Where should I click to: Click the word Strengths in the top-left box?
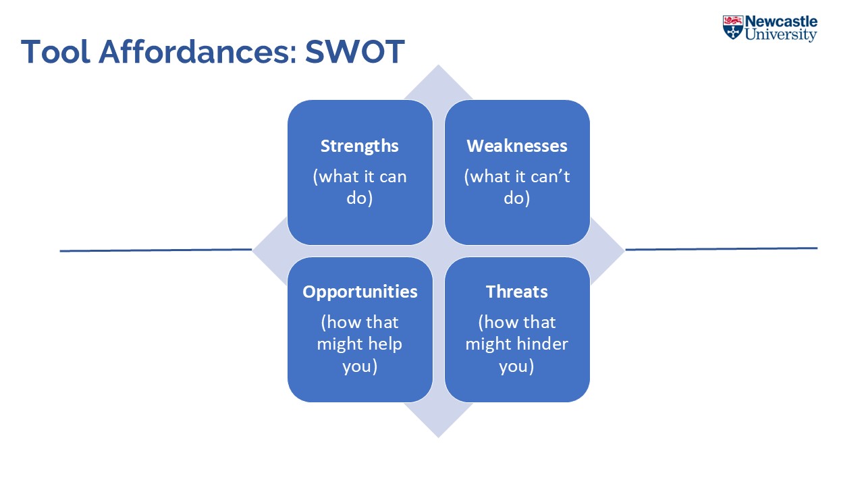[x=360, y=146]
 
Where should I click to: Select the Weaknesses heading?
[x=517, y=146]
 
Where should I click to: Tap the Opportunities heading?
[x=360, y=292]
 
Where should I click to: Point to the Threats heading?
[x=517, y=292]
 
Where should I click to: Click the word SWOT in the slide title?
[x=354, y=52]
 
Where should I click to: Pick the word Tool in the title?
[x=56, y=52]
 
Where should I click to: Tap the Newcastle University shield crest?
[x=732, y=28]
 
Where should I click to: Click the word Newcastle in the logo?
[x=781, y=22]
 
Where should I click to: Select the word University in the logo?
[x=781, y=35]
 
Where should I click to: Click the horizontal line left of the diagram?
[x=155, y=250]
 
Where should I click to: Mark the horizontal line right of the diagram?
[x=721, y=249]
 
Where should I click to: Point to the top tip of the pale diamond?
[x=439, y=68]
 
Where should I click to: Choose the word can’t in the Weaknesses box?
[x=547, y=177]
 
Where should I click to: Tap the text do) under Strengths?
[x=360, y=199]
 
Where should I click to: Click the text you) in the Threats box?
[x=517, y=367]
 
